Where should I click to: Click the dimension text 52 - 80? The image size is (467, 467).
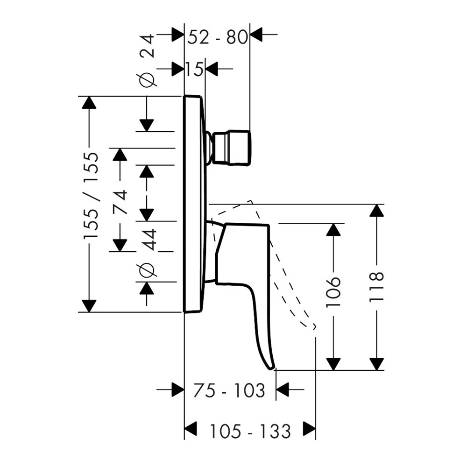(217, 36)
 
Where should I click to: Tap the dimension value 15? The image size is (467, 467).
(194, 70)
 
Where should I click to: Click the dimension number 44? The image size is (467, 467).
(148, 239)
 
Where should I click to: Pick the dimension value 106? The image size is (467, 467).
(333, 292)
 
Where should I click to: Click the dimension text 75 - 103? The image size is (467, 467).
(229, 390)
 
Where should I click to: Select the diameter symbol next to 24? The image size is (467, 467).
(148, 80)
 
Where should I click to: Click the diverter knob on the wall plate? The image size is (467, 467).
(232, 149)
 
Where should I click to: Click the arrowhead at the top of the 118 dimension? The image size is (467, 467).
(376, 211)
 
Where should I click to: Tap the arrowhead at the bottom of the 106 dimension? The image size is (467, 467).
(333, 364)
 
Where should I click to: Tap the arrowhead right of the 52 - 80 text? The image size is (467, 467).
(257, 35)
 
